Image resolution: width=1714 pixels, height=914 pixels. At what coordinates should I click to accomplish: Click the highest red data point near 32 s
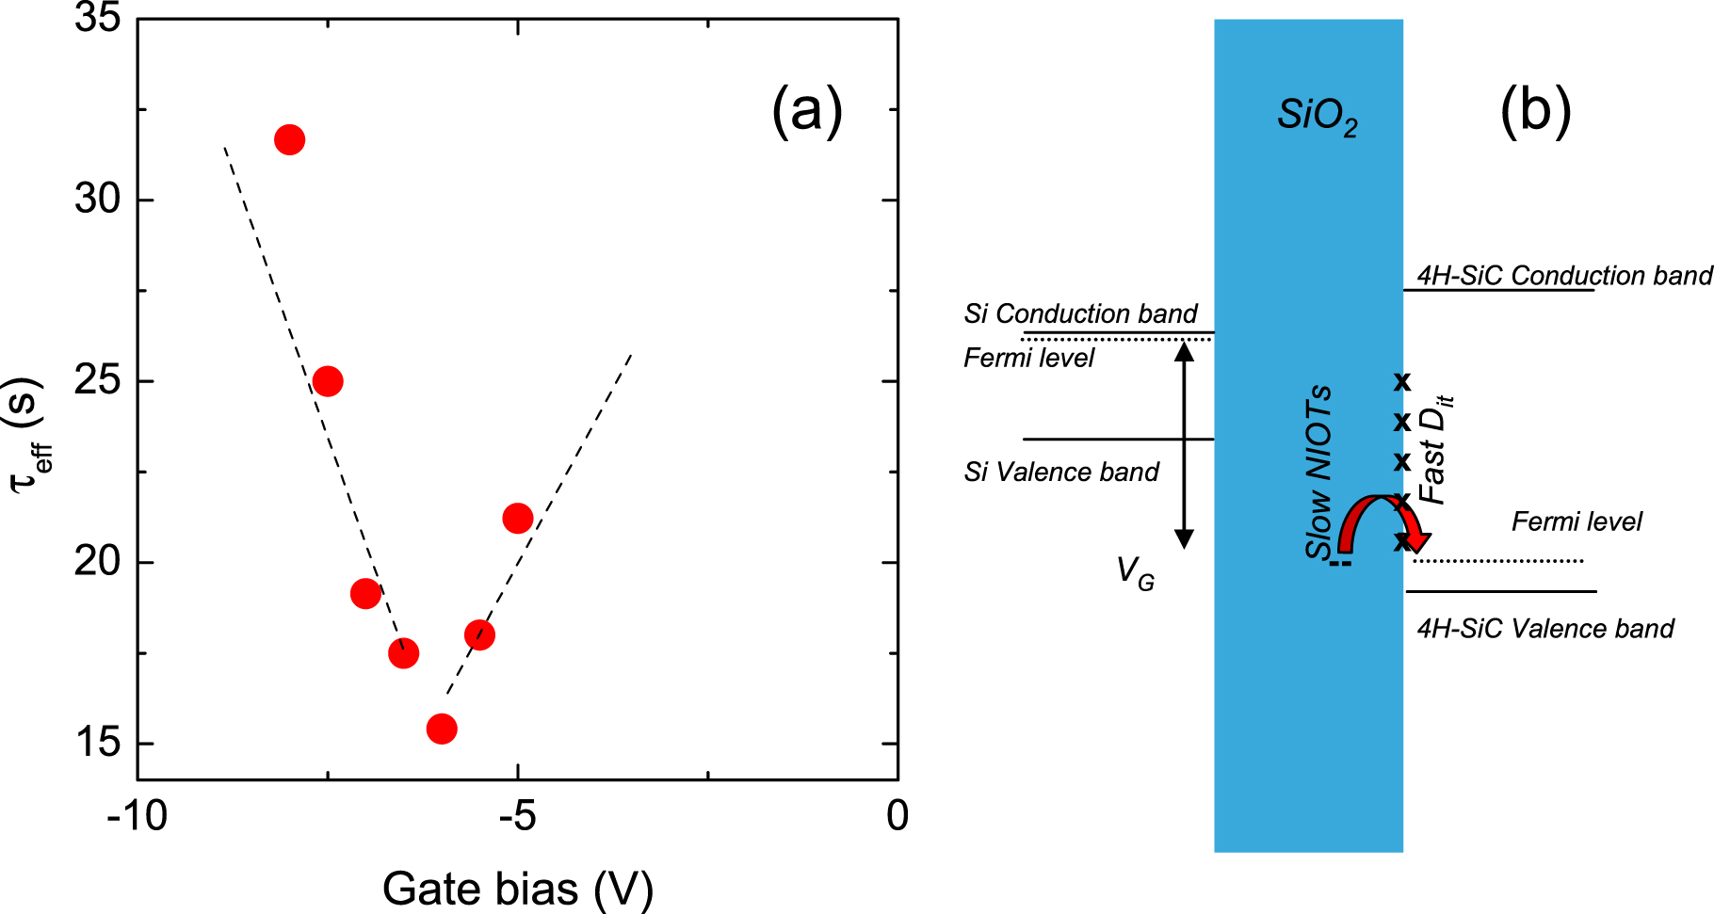(289, 140)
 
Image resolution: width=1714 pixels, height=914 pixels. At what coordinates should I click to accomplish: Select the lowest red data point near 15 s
(442, 729)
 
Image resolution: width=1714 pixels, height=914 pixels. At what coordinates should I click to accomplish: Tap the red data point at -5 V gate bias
(518, 518)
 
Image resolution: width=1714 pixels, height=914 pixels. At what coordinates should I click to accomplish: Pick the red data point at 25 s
(327, 381)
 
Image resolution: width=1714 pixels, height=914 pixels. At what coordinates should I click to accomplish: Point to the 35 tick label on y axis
(98, 18)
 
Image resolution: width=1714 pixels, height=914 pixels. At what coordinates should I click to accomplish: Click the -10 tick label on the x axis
(137, 815)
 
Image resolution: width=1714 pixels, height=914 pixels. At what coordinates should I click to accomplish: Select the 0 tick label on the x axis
(897, 815)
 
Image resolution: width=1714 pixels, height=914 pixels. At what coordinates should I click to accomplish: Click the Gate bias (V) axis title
(517, 889)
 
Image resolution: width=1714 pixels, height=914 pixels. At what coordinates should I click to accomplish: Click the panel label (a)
(806, 112)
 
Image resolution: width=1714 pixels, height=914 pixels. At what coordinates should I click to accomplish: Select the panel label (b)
(1535, 112)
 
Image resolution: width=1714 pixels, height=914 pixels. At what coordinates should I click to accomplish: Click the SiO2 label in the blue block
(1318, 117)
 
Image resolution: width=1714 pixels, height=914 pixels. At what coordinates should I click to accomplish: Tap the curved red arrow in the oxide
(1381, 522)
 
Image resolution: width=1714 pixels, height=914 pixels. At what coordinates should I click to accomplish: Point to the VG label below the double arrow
(1135, 572)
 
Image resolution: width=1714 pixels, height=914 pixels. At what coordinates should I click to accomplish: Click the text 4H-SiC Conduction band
(1563, 275)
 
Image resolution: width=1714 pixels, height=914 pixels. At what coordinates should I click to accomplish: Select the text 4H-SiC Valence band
(1544, 628)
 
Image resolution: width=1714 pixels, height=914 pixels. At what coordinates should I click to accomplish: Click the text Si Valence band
(1061, 472)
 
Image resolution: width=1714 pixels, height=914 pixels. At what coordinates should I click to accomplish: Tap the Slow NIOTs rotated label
(1319, 471)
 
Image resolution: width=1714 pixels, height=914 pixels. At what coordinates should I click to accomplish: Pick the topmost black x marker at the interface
(1402, 381)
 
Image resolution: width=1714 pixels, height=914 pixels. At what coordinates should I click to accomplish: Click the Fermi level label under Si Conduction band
(1028, 358)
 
